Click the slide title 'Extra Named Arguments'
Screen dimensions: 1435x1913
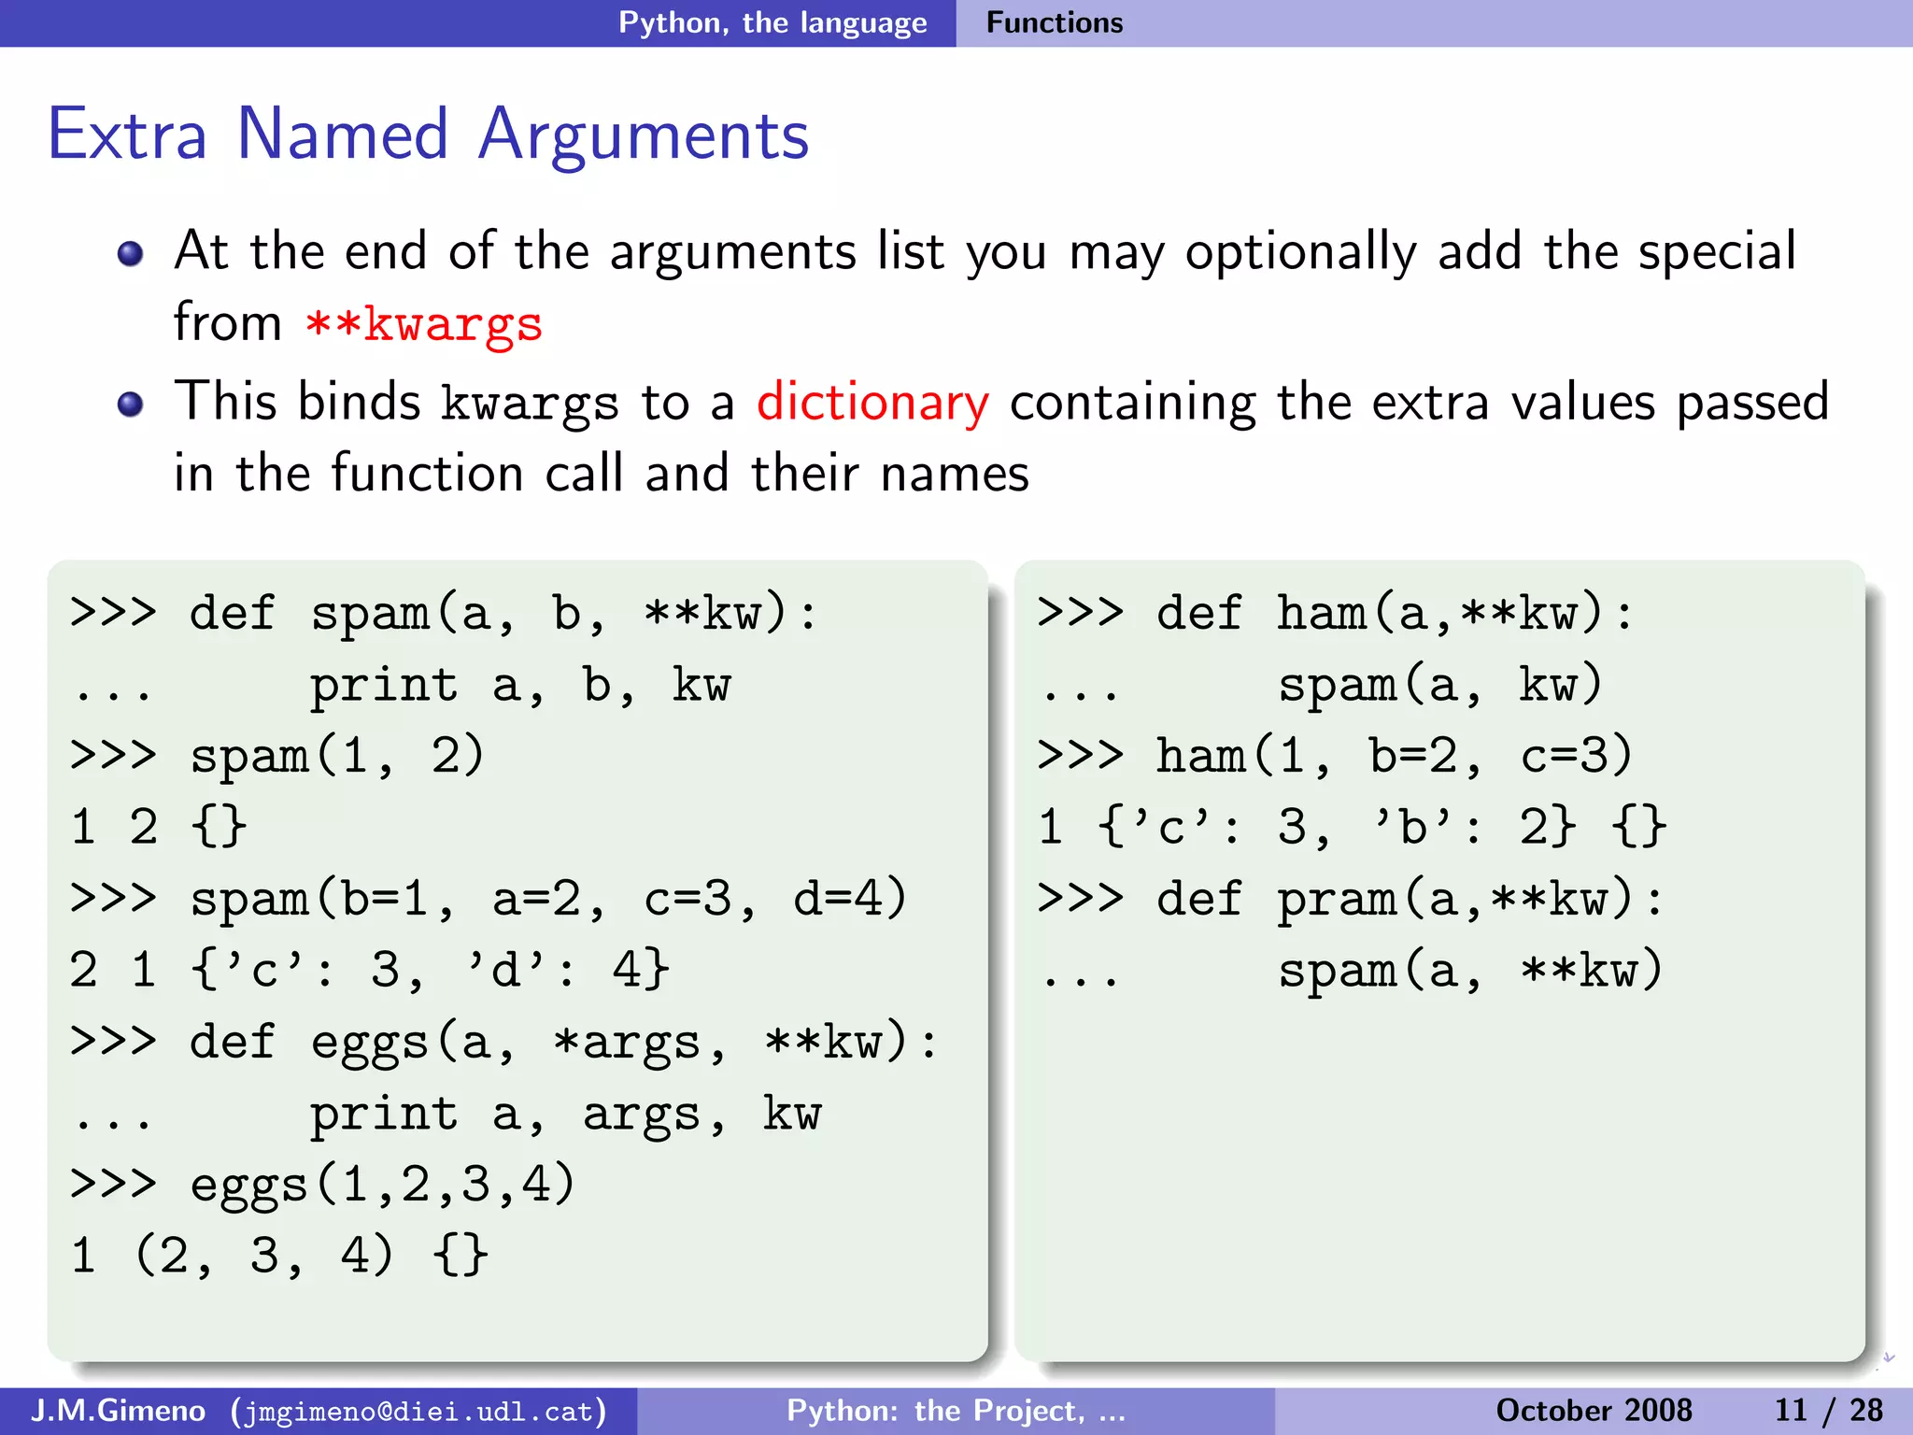[428, 135]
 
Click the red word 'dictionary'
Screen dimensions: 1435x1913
[872, 403]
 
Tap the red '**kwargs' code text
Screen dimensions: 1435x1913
[424, 324]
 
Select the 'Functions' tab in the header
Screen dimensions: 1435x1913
[1055, 22]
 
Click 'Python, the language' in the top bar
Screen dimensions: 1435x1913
[772, 22]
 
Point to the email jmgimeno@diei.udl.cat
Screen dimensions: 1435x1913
[419, 1411]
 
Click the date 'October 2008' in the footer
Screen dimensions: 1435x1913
[1594, 1410]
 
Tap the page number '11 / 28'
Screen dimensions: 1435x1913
[1828, 1410]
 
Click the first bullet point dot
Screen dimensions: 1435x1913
[131, 253]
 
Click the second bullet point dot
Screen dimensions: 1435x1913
[131, 404]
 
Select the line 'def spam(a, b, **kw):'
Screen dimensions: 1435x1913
[503, 614]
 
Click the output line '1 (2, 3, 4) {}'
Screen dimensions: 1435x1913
[278, 1255]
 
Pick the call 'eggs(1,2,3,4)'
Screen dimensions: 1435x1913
[382, 1185]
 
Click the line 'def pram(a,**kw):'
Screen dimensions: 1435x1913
[1410, 899]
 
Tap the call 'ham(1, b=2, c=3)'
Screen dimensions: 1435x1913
[1394, 756]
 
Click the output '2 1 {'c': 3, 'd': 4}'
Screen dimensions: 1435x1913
[369, 970]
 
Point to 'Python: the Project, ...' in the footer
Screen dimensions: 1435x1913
[956, 1410]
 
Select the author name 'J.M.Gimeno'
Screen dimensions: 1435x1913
[118, 1410]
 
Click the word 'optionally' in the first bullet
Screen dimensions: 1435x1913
[1301, 252]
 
